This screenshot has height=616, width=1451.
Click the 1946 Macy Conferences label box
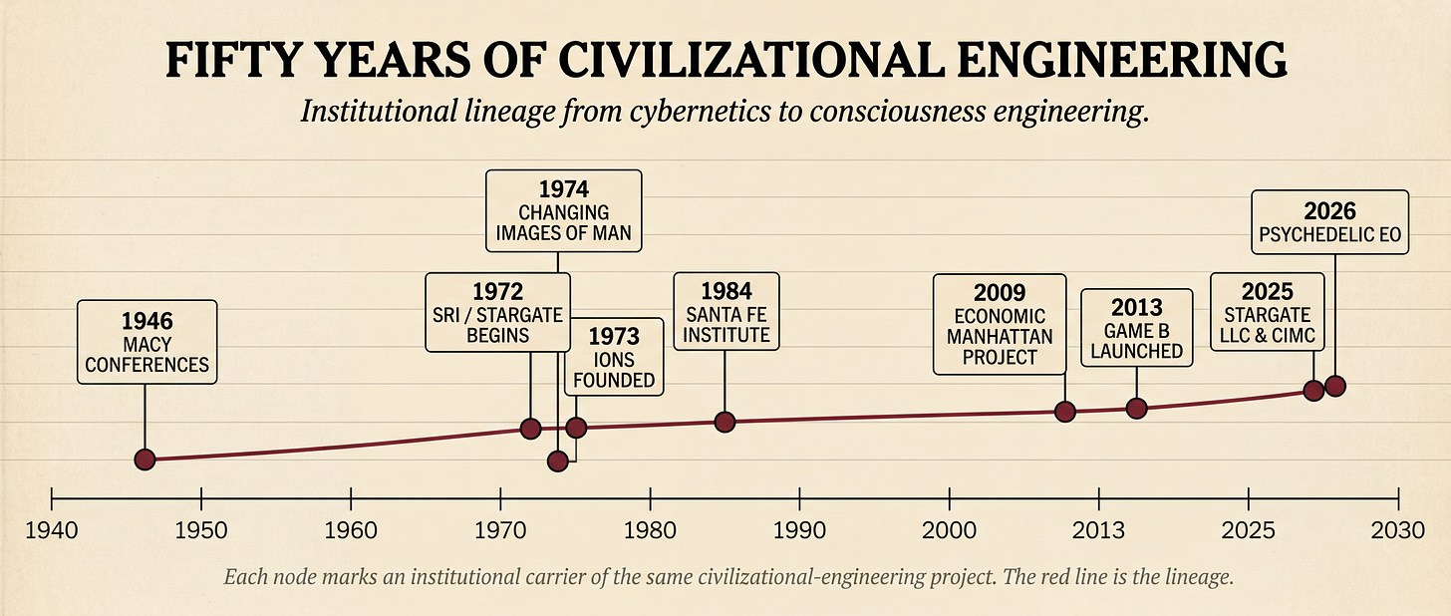(146, 342)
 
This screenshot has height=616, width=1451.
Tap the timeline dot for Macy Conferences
(145, 460)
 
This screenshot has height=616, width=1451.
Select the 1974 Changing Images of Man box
(563, 212)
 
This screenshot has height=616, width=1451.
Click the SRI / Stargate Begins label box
(497, 312)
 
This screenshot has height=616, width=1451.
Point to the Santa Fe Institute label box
(725, 311)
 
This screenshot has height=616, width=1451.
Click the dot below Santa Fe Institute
(725, 422)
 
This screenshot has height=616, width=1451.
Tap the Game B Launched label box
(1136, 328)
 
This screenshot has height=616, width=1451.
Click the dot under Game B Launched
(1136, 408)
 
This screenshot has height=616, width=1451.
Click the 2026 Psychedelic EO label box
(1329, 222)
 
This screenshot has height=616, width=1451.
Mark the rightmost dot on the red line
(1335, 386)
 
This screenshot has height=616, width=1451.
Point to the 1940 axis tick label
(52, 528)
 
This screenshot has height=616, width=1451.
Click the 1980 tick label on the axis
(650, 528)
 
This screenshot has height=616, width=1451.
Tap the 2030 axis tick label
(1398, 528)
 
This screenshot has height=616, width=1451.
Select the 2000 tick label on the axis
(949, 528)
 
